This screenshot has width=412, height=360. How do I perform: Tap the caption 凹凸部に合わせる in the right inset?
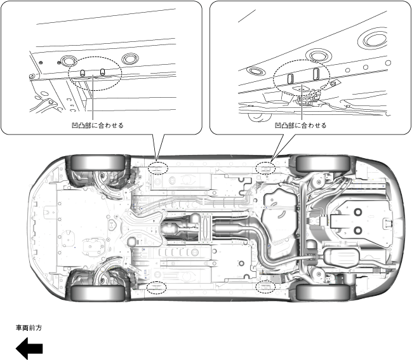pos(301,125)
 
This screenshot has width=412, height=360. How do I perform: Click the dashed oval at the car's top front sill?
pos(157,168)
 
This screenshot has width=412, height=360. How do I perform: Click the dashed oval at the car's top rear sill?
pos(265,168)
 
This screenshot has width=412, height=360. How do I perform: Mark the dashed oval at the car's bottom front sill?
pos(156,287)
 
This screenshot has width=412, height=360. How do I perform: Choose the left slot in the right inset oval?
pos(291,78)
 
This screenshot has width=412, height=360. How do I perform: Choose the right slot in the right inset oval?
pos(315,74)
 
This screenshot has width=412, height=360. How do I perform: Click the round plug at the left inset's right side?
pos(129,58)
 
